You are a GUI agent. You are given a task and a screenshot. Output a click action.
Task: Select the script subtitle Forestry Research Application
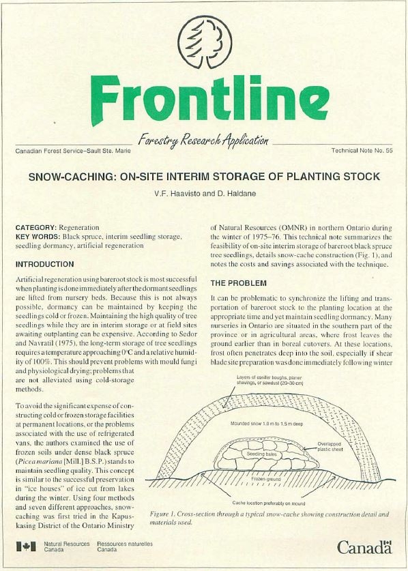pos(203,141)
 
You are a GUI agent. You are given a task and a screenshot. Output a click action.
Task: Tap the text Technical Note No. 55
pos(361,149)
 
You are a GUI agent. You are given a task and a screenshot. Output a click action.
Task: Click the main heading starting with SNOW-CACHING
pos(204,177)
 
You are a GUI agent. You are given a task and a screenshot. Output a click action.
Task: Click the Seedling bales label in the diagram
pos(261,453)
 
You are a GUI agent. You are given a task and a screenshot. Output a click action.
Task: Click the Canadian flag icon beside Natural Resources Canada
pos(26,546)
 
